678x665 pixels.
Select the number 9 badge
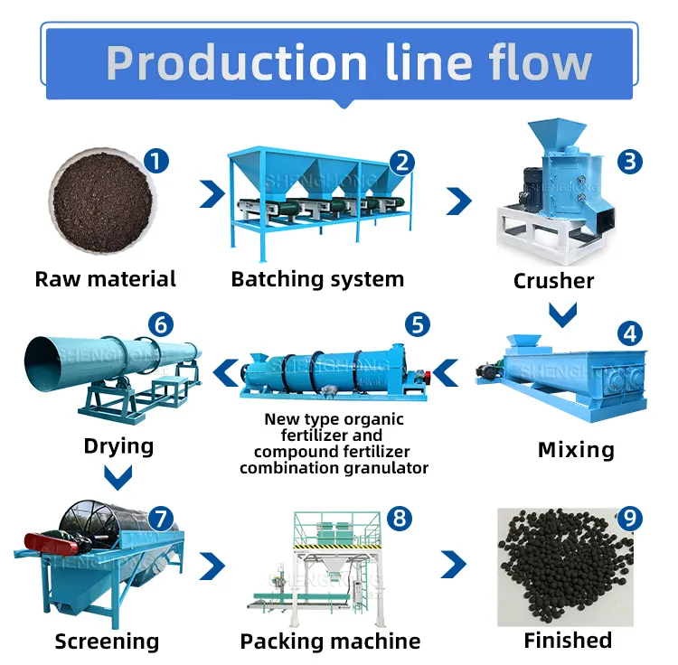coord(629,519)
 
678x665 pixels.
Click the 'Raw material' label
coord(106,278)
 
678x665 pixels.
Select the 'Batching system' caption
coord(317,278)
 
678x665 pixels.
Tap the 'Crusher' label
coord(553,281)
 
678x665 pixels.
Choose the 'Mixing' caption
coord(576,449)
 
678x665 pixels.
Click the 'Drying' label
coord(118,445)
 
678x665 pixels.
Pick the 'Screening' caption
coord(107,642)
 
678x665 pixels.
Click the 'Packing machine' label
coord(330,642)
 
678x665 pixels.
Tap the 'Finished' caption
coord(568,641)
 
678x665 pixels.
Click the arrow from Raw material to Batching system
coord(212,193)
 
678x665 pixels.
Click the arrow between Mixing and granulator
coord(446,370)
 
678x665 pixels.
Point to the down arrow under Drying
coord(118,475)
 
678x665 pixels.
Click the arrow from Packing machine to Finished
coord(454,566)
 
